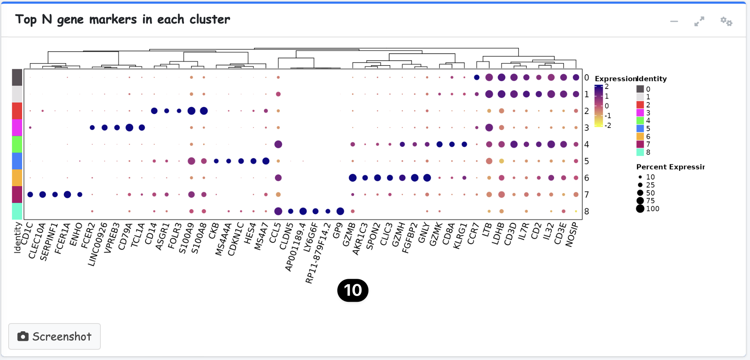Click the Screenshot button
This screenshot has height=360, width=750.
pyautogui.click(x=55, y=336)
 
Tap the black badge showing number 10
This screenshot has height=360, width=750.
pyautogui.click(x=352, y=290)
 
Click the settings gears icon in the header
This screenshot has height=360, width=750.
pyautogui.click(x=726, y=21)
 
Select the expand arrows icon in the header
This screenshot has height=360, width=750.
pyautogui.click(x=699, y=21)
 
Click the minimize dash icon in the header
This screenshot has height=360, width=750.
pyautogui.click(x=674, y=21)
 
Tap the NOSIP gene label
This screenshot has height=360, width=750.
pyautogui.click(x=572, y=235)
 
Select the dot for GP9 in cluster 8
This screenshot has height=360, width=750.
pyautogui.click(x=340, y=211)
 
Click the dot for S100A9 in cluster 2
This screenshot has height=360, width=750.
pyautogui.click(x=191, y=111)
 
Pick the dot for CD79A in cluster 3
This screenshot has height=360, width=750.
pyautogui.click(x=130, y=128)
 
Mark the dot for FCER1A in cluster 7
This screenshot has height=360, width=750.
pyautogui.click(x=68, y=194)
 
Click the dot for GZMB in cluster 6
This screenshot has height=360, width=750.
pyautogui.click(x=352, y=178)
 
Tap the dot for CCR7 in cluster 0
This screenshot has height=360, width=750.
pyautogui.click(x=477, y=77)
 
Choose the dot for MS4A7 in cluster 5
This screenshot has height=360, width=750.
pyautogui.click(x=266, y=161)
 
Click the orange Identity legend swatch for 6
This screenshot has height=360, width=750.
pyautogui.click(x=640, y=137)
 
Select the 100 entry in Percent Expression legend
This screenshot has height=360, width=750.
pyautogui.click(x=640, y=209)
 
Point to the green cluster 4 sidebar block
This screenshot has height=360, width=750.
pyautogui.click(x=17, y=144)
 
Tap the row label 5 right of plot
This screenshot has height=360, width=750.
pyautogui.click(x=586, y=161)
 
